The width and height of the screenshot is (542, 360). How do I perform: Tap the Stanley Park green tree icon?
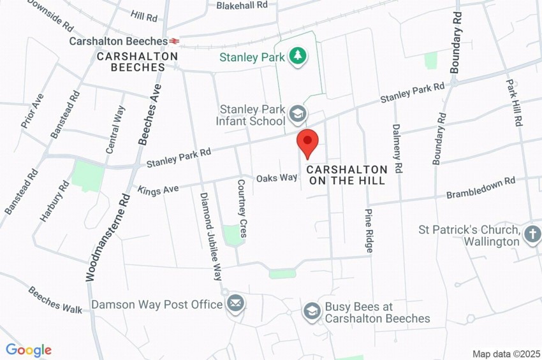point(297,57)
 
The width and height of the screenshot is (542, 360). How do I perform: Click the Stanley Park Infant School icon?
point(297,114)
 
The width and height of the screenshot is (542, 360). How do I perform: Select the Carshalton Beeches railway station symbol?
point(175,41)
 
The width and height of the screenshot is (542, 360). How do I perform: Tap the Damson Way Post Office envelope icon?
point(235,304)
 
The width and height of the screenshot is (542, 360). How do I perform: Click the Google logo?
point(28,350)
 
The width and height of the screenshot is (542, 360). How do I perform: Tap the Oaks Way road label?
point(277,178)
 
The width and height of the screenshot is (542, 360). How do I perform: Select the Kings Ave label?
point(158,189)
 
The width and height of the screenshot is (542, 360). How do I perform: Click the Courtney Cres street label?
point(242,217)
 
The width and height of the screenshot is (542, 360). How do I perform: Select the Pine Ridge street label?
point(368,231)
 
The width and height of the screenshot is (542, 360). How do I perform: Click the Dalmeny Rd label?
point(397,148)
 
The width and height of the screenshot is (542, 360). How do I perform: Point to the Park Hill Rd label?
point(514,102)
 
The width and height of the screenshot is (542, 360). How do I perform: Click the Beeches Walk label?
point(55,299)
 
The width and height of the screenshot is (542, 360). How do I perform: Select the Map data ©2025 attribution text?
point(506,354)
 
